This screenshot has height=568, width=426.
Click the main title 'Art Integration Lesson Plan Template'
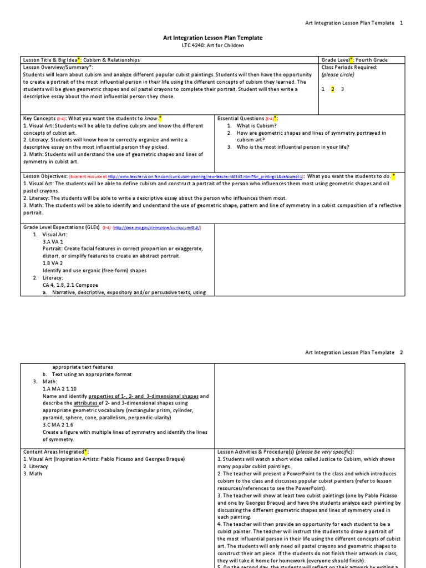[x=212, y=38]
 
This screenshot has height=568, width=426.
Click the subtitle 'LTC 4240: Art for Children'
[x=212, y=45]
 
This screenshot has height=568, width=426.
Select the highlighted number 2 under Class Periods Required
[x=332, y=89]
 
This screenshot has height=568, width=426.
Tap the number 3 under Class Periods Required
[x=342, y=89]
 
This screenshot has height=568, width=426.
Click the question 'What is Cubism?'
[x=258, y=126]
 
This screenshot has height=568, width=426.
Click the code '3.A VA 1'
[x=53, y=242]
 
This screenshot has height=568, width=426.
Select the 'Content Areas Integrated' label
[x=53, y=452]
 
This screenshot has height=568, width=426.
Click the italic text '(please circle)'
[x=338, y=74]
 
